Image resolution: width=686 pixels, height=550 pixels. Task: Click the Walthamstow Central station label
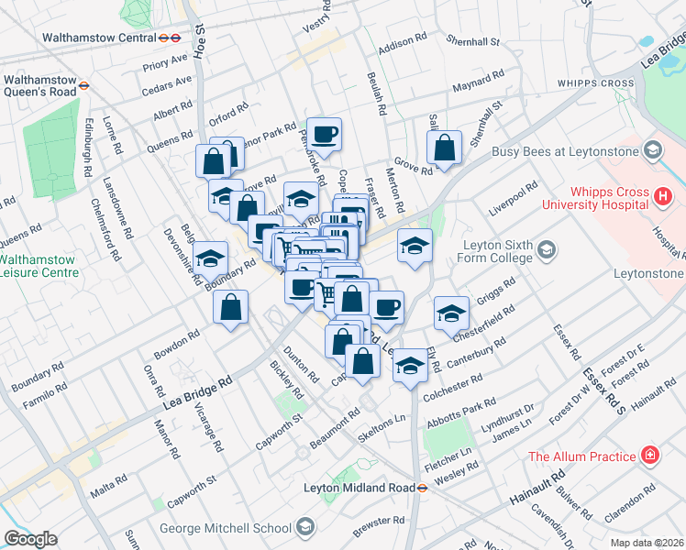coord(100,38)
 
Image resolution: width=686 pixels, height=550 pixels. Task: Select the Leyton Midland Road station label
coord(362,488)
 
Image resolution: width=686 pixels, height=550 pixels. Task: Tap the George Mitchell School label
coord(225,528)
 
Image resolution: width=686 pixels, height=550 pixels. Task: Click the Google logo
coord(30,539)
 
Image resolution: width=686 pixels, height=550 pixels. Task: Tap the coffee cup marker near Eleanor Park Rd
coord(324,136)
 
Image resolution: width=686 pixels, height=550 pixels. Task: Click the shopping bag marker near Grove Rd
coord(444,148)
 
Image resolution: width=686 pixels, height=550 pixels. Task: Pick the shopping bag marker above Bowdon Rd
coord(231,308)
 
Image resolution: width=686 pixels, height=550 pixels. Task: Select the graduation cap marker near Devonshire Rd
coord(211,260)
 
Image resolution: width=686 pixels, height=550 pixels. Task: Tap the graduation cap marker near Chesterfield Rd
coord(450,313)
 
